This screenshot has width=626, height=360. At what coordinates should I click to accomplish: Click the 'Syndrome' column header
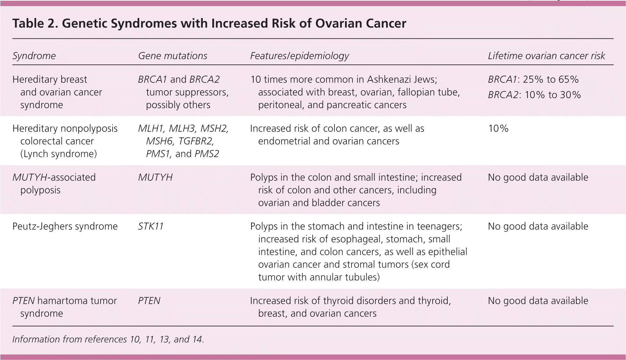tap(34, 56)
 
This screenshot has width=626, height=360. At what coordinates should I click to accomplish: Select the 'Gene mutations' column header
tap(173, 56)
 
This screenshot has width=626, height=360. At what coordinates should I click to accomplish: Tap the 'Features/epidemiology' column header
tap(300, 56)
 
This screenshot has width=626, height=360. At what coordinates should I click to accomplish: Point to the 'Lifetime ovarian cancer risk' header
tap(546, 56)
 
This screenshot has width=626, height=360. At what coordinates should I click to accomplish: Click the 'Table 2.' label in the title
tap(35, 23)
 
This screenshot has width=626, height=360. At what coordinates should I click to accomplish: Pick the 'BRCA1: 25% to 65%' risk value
tap(533, 79)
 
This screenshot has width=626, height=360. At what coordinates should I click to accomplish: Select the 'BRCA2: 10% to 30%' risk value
tap(534, 95)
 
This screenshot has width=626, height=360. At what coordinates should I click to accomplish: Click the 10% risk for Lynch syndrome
tap(498, 128)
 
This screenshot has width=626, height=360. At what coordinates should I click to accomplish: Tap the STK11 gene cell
tap(151, 226)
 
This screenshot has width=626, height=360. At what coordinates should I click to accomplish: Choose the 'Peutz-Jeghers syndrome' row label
tap(65, 227)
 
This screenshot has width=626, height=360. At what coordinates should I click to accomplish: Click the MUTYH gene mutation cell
tap(155, 177)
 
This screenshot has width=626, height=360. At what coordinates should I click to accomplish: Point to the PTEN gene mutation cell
tap(149, 301)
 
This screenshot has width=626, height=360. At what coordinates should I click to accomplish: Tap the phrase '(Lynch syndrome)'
tap(58, 154)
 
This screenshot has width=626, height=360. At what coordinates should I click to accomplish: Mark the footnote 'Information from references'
tap(70, 339)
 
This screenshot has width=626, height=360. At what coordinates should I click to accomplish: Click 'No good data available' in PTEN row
tap(538, 301)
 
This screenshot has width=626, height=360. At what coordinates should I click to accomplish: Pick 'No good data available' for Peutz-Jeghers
tap(538, 227)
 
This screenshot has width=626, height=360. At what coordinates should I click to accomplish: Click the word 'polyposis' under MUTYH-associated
tap(40, 190)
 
